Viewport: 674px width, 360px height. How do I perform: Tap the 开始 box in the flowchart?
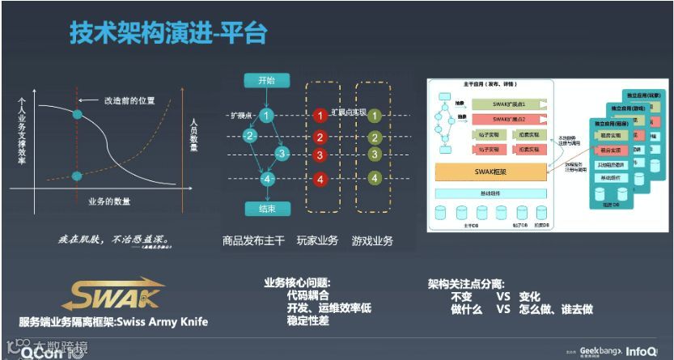[x=267, y=80]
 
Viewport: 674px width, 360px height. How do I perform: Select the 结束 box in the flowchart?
[x=267, y=209]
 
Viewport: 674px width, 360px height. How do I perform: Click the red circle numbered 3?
[x=320, y=155]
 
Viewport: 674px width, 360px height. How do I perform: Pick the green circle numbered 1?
[x=375, y=115]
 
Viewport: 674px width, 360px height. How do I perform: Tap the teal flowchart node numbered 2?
[x=251, y=136]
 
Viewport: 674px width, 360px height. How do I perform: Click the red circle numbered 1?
[x=320, y=116]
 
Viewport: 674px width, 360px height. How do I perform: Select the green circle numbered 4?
[x=375, y=178]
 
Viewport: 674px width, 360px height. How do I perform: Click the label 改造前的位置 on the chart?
[x=129, y=101]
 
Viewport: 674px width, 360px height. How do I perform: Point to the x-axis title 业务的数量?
[x=109, y=201]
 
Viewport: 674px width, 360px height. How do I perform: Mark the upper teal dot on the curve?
[x=78, y=114]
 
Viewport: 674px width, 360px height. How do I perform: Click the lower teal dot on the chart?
[x=78, y=176]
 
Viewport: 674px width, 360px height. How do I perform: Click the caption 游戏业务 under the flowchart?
[x=372, y=240]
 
